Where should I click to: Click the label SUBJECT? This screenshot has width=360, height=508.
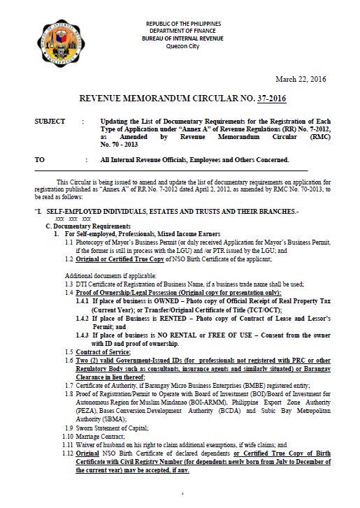tap(50, 122)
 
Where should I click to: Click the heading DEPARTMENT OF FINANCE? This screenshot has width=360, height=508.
tap(182, 31)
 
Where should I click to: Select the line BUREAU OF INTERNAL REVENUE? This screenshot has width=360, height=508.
tap(182, 38)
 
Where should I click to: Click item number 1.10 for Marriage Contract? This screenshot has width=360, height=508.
tap(69, 436)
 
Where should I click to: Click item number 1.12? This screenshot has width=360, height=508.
tap(69, 454)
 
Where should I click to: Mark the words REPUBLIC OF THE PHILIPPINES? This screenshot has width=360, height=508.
tap(182, 24)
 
